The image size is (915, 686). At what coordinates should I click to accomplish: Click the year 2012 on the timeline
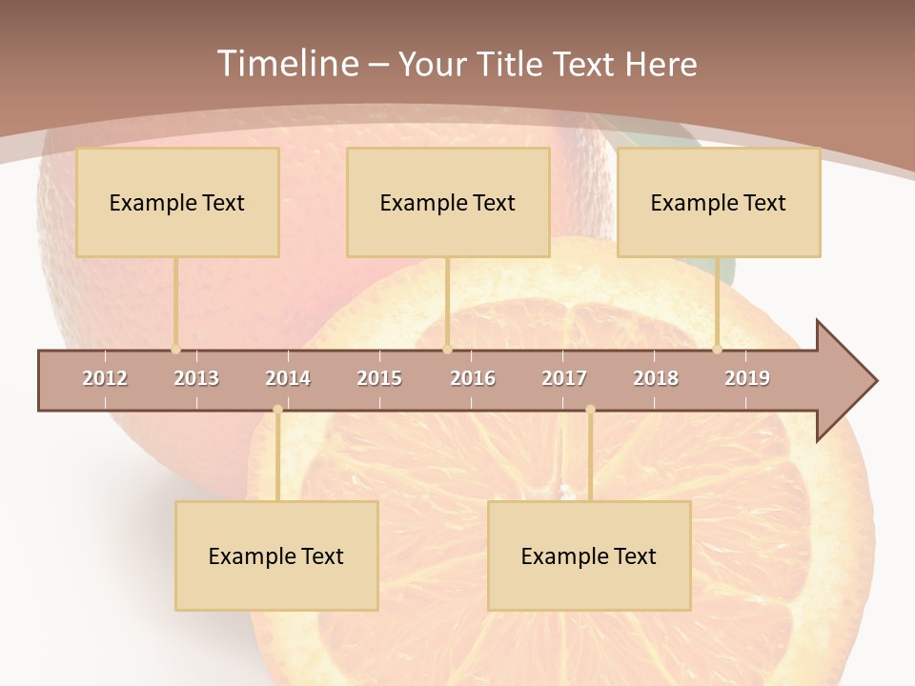pyautogui.click(x=105, y=378)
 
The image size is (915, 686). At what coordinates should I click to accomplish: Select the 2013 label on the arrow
pyautogui.click(x=196, y=378)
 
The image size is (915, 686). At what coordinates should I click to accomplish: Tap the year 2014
pyautogui.click(x=288, y=378)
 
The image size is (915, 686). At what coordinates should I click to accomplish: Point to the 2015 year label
pyautogui.click(x=379, y=378)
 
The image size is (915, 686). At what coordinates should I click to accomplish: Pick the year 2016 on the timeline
pyautogui.click(x=473, y=378)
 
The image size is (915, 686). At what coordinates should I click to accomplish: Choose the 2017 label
pyautogui.click(x=564, y=378)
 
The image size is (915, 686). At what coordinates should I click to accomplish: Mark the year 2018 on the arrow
pyautogui.click(x=656, y=378)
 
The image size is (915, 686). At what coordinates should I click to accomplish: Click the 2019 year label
pyautogui.click(x=747, y=378)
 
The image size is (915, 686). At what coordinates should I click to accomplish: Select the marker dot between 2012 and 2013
pyautogui.click(x=176, y=350)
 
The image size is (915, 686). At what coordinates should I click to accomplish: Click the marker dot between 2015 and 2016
pyautogui.click(x=448, y=350)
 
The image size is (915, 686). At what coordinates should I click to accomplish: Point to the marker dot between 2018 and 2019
pyautogui.click(x=718, y=350)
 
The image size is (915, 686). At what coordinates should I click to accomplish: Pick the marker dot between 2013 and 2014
pyautogui.click(x=277, y=410)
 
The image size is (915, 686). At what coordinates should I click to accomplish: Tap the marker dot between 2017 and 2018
pyautogui.click(x=590, y=410)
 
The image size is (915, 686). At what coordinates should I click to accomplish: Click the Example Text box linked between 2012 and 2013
pyautogui.click(x=177, y=202)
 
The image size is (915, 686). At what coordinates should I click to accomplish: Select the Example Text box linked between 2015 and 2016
pyautogui.click(x=448, y=202)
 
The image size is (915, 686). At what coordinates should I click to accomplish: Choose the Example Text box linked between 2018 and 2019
pyautogui.click(x=719, y=202)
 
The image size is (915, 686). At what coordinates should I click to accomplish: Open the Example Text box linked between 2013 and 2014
pyautogui.click(x=276, y=555)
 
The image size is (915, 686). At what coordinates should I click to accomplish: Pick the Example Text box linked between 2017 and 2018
pyautogui.click(x=589, y=555)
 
